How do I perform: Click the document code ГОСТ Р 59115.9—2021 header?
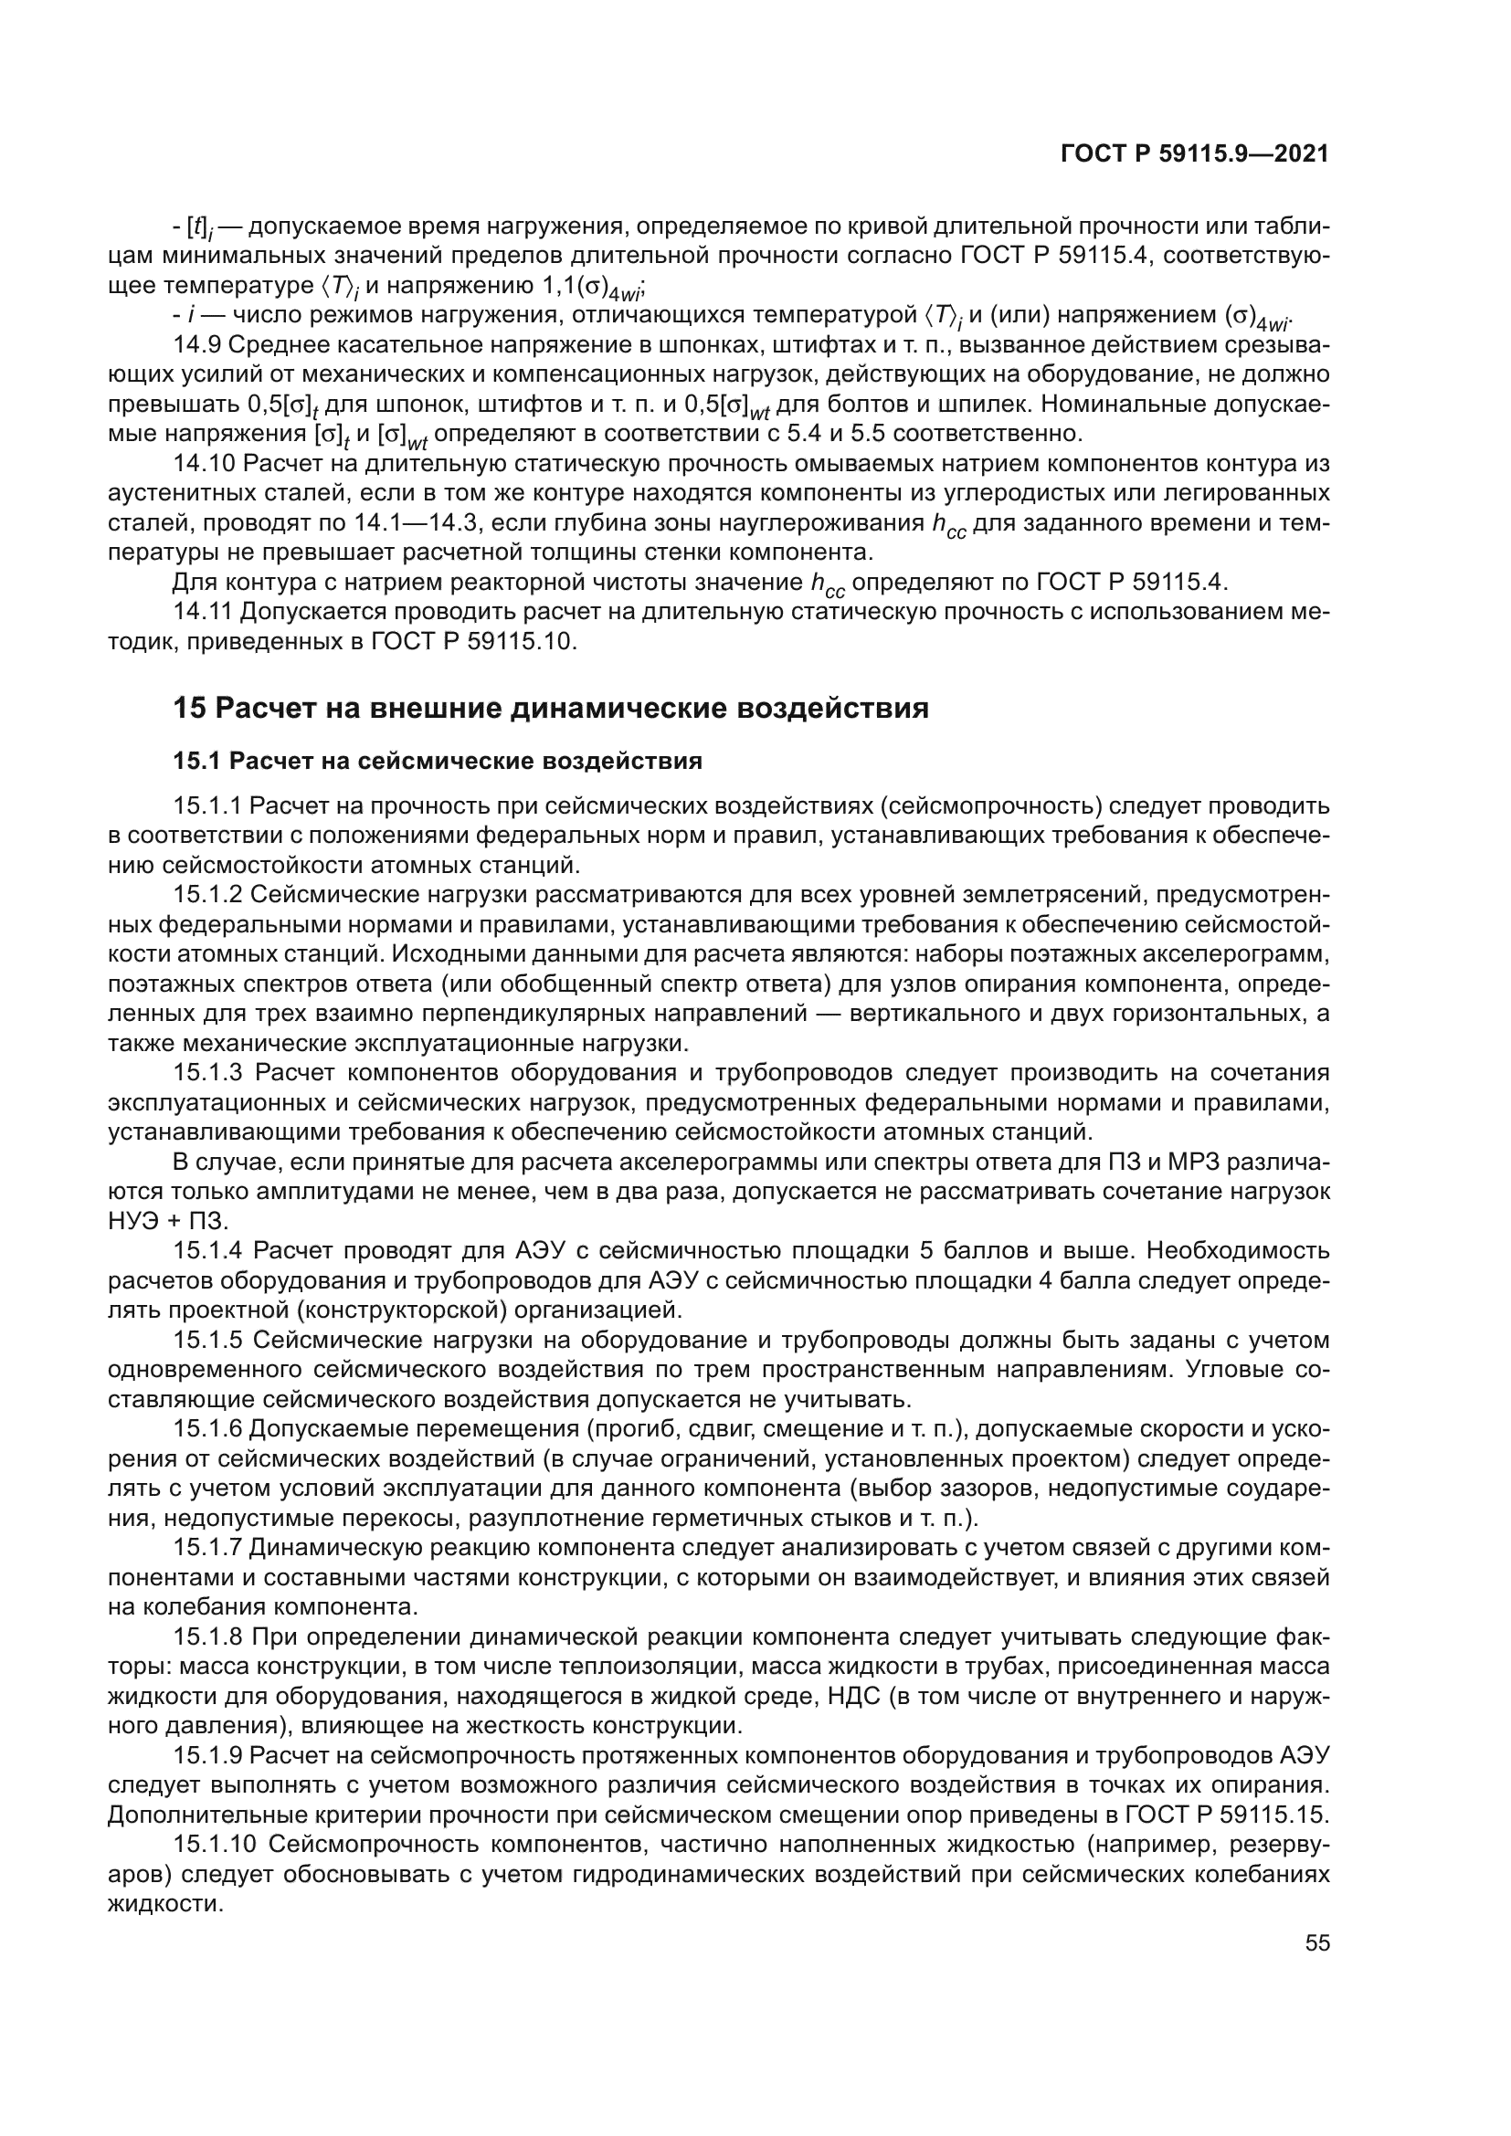(x=1194, y=154)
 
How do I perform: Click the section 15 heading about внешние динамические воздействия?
(x=551, y=708)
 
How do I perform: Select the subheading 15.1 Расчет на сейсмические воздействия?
(x=438, y=761)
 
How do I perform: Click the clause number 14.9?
(x=196, y=345)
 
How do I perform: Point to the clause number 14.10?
(x=203, y=463)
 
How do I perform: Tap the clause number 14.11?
(x=203, y=611)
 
